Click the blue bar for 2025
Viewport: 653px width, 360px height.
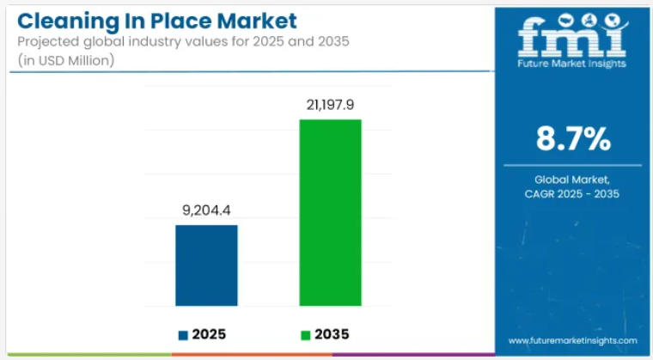tap(207, 265)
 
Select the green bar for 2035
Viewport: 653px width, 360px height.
tap(330, 212)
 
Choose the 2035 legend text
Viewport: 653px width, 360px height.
tap(333, 334)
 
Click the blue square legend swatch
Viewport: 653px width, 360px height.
tap(183, 334)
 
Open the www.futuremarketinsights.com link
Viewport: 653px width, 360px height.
tap(574, 340)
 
